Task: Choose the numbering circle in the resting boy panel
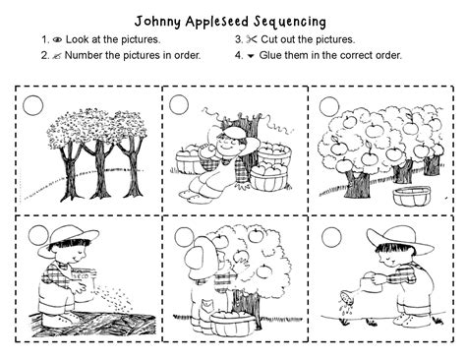(x=179, y=103)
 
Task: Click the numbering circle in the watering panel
(x=330, y=236)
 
